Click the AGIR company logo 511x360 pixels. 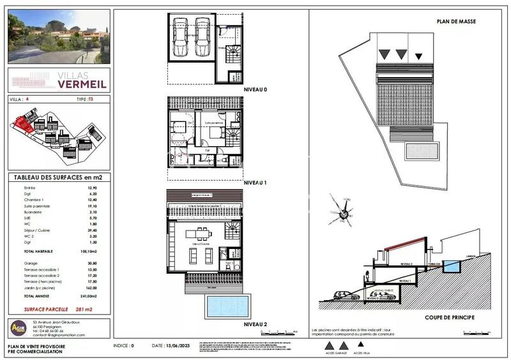(19, 327)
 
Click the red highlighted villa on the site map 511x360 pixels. (26, 123)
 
